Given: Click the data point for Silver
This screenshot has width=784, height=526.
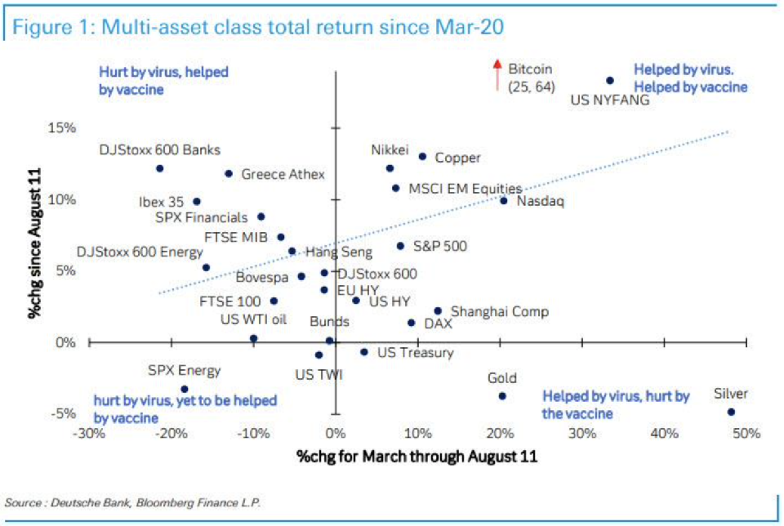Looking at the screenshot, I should [731, 412].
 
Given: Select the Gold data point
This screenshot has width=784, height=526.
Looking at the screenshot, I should [502, 396].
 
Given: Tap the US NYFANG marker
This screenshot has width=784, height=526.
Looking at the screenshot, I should [610, 81].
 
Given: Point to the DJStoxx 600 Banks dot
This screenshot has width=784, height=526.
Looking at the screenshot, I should [159, 168].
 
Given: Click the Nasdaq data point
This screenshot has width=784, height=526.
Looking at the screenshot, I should [503, 200].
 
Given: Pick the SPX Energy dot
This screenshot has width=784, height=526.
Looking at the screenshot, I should [185, 390].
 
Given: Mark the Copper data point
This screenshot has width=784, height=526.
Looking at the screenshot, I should [422, 156].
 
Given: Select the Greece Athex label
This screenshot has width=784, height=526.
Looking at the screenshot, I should [283, 174].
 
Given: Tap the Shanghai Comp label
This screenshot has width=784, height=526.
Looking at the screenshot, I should [500, 311].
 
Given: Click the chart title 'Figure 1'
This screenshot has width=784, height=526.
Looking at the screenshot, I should [257, 27].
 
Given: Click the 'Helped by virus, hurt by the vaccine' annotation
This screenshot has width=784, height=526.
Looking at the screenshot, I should [617, 405].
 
